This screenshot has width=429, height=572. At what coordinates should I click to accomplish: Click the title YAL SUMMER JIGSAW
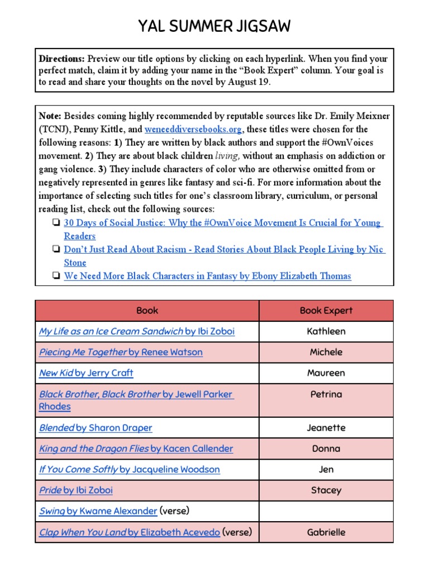click(x=214, y=26)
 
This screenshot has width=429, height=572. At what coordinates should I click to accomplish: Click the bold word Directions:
click(x=62, y=59)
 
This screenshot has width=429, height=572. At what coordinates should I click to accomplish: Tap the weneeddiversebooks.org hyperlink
click(x=193, y=129)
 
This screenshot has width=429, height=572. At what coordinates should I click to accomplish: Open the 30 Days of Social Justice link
click(x=222, y=223)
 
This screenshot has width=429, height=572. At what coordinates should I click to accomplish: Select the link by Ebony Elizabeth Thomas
click(x=207, y=276)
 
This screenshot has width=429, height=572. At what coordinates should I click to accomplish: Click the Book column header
click(x=147, y=311)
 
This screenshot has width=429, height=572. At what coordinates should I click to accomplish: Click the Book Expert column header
click(x=326, y=311)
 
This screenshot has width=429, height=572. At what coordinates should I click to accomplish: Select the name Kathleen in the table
click(x=326, y=331)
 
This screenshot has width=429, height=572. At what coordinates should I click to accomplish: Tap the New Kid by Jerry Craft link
click(x=86, y=373)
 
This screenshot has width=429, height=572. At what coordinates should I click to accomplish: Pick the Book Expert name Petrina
click(x=326, y=394)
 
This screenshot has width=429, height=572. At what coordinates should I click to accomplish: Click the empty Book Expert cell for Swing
click(x=326, y=511)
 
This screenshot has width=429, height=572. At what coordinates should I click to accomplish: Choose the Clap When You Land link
click(x=129, y=532)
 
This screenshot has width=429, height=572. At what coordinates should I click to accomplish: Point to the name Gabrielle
click(x=326, y=532)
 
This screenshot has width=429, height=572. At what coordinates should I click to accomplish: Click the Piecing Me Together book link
click(x=121, y=352)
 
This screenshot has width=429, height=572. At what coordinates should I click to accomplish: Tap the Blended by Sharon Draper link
click(x=96, y=428)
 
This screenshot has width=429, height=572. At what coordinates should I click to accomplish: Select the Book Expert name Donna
click(x=326, y=449)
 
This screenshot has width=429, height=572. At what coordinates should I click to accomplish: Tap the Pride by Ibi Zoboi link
click(x=75, y=490)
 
